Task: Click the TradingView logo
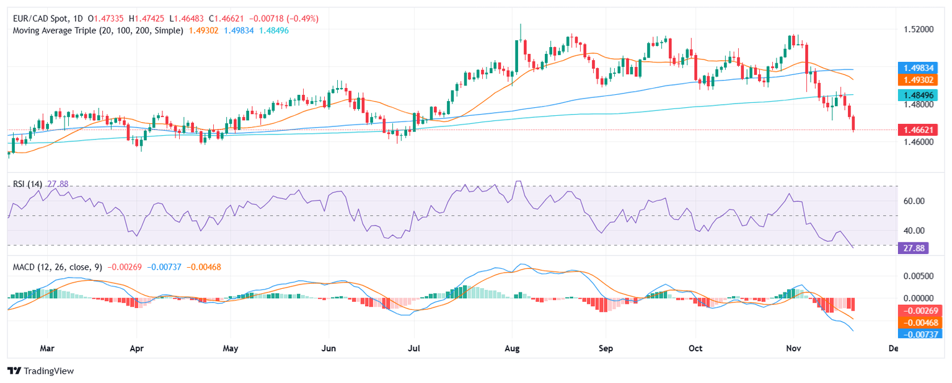(40, 371)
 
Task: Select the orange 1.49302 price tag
(920, 80)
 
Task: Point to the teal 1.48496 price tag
(920, 95)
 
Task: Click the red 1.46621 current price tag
(920, 130)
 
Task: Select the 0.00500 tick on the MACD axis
(915, 275)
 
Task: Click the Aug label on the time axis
(512, 349)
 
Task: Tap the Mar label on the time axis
(47, 349)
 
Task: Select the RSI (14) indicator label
(29, 184)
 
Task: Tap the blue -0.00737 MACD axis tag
(920, 334)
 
